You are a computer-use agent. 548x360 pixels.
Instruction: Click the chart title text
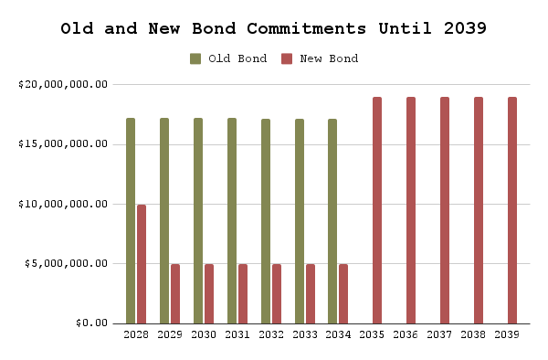pos(273,27)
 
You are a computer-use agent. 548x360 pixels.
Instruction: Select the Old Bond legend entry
pos(228,58)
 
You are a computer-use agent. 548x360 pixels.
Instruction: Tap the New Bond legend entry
pos(319,58)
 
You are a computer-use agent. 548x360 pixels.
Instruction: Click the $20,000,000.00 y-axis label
pos(63,84)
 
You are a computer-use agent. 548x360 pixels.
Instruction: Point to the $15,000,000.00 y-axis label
pos(63,144)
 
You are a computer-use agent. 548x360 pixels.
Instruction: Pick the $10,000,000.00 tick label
pos(63,204)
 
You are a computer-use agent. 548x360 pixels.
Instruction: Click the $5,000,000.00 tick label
pos(66,264)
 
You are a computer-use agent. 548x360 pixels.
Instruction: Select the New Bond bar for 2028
pos(142,264)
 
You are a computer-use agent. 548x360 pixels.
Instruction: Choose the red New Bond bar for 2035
pos(377,210)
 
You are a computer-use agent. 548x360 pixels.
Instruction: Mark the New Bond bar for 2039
pos(512,210)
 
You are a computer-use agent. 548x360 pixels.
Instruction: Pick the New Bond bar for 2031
pos(243,293)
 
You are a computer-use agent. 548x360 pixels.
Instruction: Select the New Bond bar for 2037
pos(445,210)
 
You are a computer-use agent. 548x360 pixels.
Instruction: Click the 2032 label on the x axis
pos(270,336)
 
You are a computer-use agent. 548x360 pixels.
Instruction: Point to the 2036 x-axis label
pos(406,336)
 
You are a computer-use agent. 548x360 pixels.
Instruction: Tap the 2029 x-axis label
pos(170,336)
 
